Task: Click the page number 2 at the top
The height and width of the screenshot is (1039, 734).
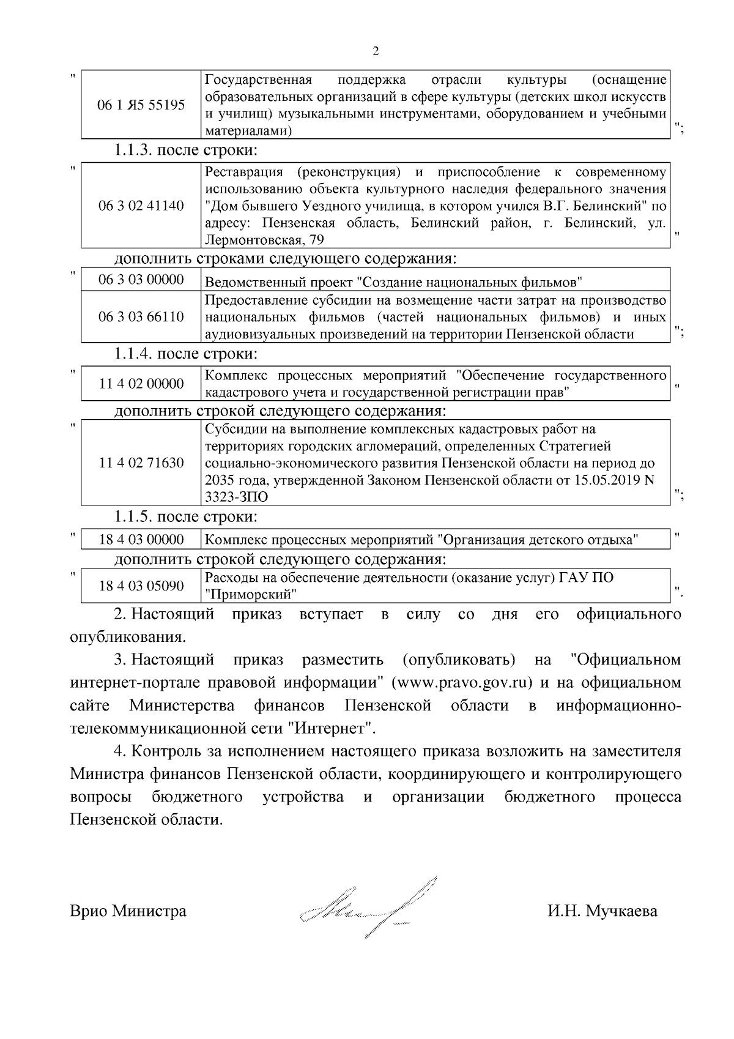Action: pyautogui.click(x=376, y=51)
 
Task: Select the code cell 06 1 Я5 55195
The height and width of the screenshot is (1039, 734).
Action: pyautogui.click(x=141, y=105)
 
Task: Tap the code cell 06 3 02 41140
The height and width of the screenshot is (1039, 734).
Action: pyautogui.click(x=141, y=206)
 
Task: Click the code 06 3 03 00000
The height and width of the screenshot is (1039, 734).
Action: pyautogui.click(x=141, y=280)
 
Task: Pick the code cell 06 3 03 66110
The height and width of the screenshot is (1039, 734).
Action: pyautogui.click(x=141, y=317)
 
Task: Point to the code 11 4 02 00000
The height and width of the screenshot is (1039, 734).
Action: pyautogui.click(x=141, y=384)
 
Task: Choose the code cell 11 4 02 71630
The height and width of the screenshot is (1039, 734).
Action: pyautogui.click(x=141, y=463)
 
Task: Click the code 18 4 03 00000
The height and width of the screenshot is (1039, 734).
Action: pyautogui.click(x=141, y=539)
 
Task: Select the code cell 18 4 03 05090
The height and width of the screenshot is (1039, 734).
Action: pyautogui.click(x=141, y=586)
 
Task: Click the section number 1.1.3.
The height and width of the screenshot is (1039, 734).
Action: pyautogui.click(x=134, y=150)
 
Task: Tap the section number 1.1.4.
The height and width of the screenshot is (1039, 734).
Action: pyautogui.click(x=134, y=354)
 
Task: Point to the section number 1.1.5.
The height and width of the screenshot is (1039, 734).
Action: pyautogui.click(x=134, y=516)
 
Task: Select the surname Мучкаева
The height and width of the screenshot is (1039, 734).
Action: pyautogui.click(x=621, y=911)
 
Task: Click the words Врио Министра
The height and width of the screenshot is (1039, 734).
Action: pyautogui.click(x=128, y=911)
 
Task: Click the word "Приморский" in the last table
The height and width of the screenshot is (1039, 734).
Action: pyautogui.click(x=251, y=594)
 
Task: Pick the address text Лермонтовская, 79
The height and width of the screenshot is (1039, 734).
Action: pyautogui.click(x=264, y=240)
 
